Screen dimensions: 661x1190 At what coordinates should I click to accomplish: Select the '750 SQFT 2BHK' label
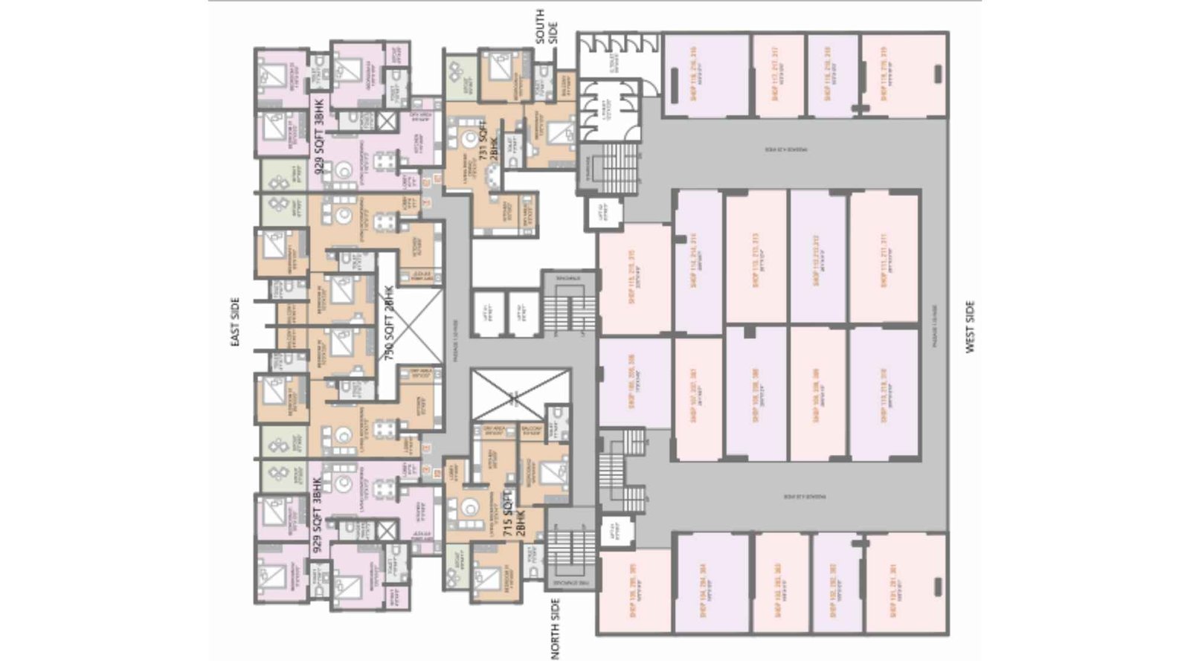(x=388, y=328)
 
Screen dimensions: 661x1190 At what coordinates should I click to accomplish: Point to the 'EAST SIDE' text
(x=235, y=322)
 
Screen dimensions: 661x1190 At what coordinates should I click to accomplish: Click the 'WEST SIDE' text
(x=970, y=326)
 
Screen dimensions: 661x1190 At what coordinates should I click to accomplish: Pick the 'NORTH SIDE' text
(x=556, y=629)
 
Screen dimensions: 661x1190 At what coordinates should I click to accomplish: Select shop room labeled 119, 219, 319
(x=904, y=74)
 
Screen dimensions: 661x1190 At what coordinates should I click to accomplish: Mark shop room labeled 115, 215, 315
(x=634, y=279)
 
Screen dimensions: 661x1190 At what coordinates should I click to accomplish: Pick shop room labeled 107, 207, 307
(x=697, y=398)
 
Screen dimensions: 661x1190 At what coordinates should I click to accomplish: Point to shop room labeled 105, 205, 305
(x=634, y=591)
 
